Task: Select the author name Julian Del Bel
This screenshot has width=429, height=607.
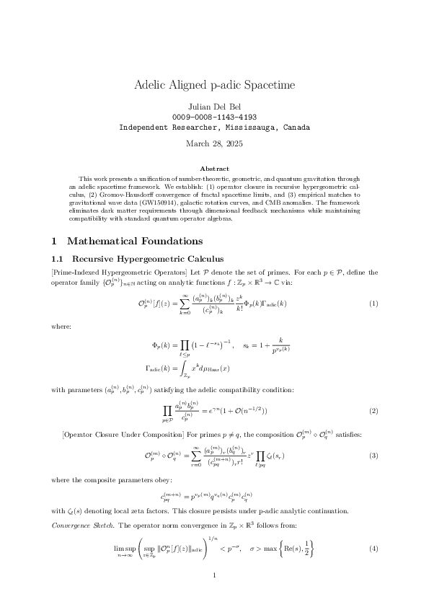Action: (214, 106)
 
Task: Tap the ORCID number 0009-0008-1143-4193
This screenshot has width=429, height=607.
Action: (214, 116)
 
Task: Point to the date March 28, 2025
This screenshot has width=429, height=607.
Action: (214, 143)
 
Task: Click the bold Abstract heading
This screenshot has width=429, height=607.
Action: (214, 168)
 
